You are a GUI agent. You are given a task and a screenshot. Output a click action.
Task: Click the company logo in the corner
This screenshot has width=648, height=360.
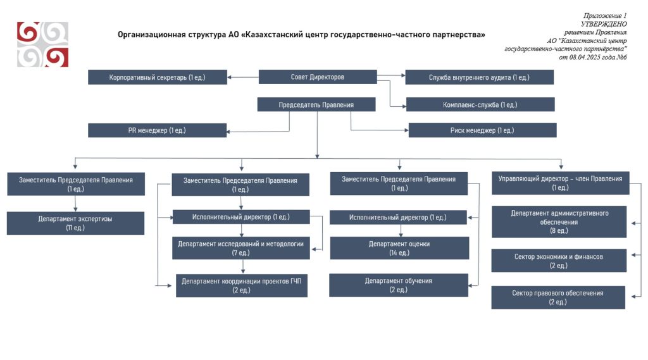[42, 44]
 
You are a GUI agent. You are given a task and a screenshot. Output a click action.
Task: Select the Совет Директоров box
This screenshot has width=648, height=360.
[318, 77]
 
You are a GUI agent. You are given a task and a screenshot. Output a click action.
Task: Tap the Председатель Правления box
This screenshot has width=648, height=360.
[316, 104]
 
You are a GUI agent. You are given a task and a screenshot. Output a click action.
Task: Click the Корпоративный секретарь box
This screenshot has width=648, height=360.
[158, 77]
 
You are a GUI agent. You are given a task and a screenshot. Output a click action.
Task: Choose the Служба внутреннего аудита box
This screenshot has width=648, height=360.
[480, 77]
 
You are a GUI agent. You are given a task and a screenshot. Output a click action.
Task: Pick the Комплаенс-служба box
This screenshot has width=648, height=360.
[480, 104]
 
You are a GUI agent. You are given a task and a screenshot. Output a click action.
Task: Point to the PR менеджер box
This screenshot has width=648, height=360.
[157, 130]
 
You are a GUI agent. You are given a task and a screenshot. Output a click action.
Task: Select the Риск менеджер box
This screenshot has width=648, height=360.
[482, 130]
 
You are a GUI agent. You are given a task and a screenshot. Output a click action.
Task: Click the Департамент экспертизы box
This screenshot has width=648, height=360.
[76, 223]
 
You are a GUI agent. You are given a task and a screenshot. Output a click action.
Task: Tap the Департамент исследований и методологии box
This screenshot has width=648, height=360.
[241, 248]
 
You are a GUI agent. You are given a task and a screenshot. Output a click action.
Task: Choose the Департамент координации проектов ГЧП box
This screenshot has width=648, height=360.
[242, 285]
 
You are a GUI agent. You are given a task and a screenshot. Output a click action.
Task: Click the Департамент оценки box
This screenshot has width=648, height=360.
[400, 248]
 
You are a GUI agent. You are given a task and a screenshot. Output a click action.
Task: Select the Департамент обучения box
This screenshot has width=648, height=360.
[399, 285]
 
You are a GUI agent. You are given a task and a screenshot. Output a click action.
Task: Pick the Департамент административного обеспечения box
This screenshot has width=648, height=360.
[559, 222]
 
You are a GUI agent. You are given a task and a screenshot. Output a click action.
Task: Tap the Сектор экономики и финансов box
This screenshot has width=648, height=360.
[559, 261]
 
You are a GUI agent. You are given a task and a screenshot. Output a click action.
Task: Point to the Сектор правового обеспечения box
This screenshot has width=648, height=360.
[558, 297]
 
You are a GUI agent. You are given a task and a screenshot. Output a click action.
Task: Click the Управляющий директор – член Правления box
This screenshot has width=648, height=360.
[561, 183]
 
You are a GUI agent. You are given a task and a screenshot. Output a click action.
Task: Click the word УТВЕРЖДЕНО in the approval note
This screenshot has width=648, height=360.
[604, 24]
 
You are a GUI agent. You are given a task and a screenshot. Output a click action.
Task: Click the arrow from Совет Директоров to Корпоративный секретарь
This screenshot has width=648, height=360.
[243, 77]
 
